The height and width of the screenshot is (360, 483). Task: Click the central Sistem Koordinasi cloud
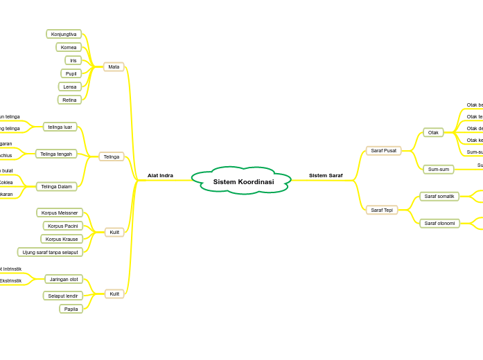(243, 181)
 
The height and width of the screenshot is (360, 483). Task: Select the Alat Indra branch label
(160, 176)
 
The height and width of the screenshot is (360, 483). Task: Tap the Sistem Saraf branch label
(326, 176)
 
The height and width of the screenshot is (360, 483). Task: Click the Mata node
(114, 67)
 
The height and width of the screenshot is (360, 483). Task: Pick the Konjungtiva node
(64, 34)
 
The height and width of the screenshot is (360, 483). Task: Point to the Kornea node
(69, 48)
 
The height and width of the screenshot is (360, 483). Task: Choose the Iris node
(73, 60)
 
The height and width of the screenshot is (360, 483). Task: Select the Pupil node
(71, 73)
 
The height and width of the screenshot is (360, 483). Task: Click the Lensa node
(70, 87)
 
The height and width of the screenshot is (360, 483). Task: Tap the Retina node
(69, 100)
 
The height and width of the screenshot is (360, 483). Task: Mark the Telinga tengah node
(56, 154)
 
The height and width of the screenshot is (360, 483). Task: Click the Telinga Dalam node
(57, 186)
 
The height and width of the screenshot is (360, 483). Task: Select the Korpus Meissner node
(60, 213)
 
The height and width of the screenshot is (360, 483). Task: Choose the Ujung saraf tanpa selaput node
(50, 252)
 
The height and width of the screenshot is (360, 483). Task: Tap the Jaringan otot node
(64, 279)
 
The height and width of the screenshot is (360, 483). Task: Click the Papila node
(71, 309)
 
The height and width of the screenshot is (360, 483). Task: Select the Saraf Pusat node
(383, 150)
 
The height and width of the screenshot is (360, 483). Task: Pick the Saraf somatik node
(439, 197)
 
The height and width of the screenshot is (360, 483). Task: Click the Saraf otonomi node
(439, 224)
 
